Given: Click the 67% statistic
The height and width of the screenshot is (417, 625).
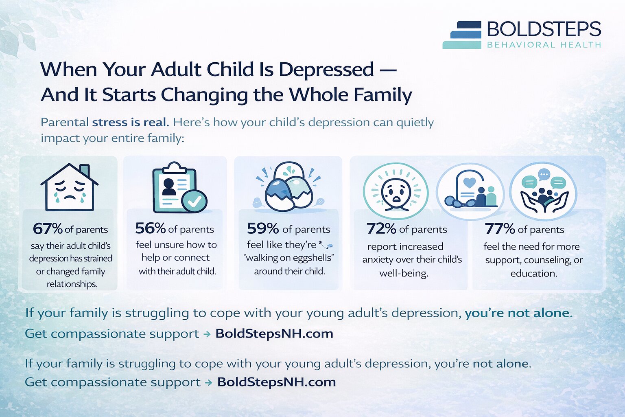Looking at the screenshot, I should [x=48, y=229].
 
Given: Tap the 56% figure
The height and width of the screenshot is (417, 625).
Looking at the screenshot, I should [x=150, y=228].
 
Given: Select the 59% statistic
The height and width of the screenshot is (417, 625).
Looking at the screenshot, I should [x=262, y=228].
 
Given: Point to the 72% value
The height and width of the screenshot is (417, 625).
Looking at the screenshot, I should [x=381, y=228].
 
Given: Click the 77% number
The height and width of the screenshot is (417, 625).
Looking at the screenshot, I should [x=500, y=228].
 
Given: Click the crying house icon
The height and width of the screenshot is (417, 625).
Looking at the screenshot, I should [x=70, y=187].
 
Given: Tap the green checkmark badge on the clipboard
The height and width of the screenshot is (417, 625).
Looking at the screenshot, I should [x=194, y=200].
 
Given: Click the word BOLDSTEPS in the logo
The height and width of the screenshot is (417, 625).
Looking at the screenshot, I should [x=544, y=29].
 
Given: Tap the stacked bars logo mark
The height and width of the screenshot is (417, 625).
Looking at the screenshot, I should [x=462, y=35].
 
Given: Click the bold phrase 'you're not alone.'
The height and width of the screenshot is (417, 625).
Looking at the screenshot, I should [x=518, y=313].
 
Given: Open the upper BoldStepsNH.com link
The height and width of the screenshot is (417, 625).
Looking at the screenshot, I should [x=274, y=334].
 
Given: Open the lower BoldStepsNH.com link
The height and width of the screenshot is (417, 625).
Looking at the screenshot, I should [x=276, y=382].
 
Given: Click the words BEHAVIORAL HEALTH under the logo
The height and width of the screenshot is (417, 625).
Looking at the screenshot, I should [x=544, y=45].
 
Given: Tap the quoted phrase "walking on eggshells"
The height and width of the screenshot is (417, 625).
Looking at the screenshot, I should [x=288, y=258].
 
